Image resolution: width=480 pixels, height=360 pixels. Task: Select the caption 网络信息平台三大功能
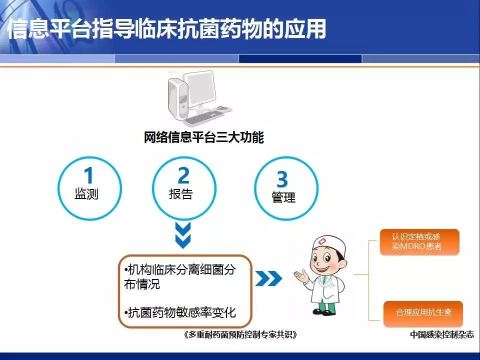point(204,137)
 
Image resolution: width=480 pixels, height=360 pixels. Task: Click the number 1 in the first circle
point(89,175)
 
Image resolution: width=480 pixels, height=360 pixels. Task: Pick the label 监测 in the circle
point(86,194)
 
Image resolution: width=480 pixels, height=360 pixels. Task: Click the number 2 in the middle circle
point(183,175)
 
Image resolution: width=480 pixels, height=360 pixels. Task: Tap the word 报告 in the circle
point(181,194)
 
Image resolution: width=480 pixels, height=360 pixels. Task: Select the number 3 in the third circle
point(282,179)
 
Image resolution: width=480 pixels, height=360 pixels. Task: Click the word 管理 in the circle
point(283,197)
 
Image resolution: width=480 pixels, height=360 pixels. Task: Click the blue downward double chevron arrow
point(183,235)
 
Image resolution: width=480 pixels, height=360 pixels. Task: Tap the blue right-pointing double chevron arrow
point(268,278)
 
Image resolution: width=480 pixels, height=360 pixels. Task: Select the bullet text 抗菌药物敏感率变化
point(180,312)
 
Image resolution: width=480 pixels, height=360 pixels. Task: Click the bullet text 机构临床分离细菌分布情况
point(180,276)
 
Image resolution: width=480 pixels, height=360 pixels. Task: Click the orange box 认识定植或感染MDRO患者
point(419,242)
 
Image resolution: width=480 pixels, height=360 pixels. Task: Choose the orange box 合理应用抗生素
point(423,313)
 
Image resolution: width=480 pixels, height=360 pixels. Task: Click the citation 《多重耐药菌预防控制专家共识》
point(240,334)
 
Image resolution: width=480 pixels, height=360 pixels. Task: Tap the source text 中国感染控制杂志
point(442,334)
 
